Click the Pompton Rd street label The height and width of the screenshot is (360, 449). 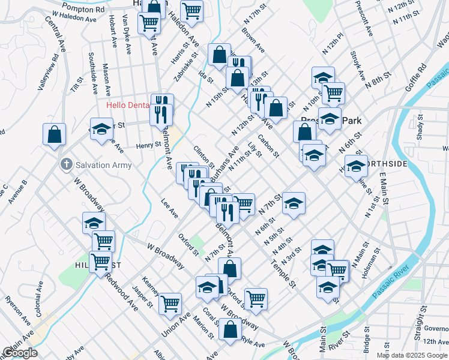point(83,10)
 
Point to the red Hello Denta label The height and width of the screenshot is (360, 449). point(127,105)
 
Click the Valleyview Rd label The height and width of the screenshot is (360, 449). point(48,73)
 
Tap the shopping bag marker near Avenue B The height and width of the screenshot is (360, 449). point(54,135)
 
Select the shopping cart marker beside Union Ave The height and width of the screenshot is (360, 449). point(170,304)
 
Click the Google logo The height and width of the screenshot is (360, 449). point(19,353)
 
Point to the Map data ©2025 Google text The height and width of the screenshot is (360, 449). point(412,355)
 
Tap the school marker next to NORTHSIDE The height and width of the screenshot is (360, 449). point(355,166)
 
